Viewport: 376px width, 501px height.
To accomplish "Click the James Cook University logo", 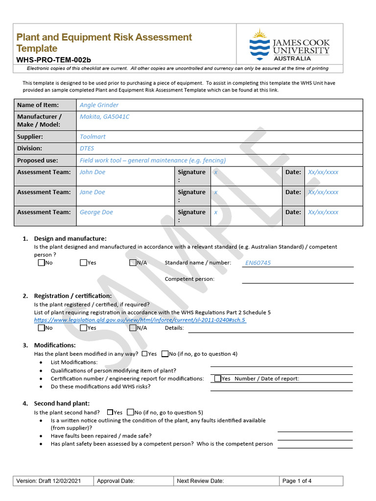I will (x=289, y=45).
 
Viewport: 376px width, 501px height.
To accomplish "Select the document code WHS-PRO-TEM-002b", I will (x=54, y=60).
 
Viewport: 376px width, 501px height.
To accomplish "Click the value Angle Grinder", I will (x=99, y=105).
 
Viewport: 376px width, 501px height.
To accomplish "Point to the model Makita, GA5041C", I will (x=104, y=117).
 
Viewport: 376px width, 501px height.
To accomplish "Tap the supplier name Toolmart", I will (x=93, y=137).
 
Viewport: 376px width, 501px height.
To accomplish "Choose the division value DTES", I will (x=87, y=148).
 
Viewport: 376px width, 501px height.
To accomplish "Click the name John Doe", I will (x=93, y=172).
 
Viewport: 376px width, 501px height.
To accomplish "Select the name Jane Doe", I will (x=93, y=192).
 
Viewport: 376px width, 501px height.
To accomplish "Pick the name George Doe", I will (x=96, y=212).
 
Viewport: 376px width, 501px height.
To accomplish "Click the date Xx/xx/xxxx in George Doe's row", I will (x=323, y=212).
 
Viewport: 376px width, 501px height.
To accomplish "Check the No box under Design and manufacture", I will (x=41, y=263).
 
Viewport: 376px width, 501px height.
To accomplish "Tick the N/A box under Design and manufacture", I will (x=133, y=263).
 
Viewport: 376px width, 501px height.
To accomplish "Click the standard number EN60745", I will (x=258, y=263).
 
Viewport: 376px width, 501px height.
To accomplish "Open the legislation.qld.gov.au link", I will (x=140, y=320).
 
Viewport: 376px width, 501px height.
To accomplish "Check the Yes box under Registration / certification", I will (x=83, y=328).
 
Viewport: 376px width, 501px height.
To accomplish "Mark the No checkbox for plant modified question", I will (x=165, y=354).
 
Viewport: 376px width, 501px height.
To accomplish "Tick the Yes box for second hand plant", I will (x=110, y=412).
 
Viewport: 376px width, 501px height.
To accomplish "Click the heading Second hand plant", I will (x=62, y=404).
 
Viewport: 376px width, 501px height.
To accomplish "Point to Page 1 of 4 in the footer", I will (x=297, y=481).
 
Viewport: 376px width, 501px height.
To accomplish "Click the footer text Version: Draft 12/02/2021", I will (x=48, y=481).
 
